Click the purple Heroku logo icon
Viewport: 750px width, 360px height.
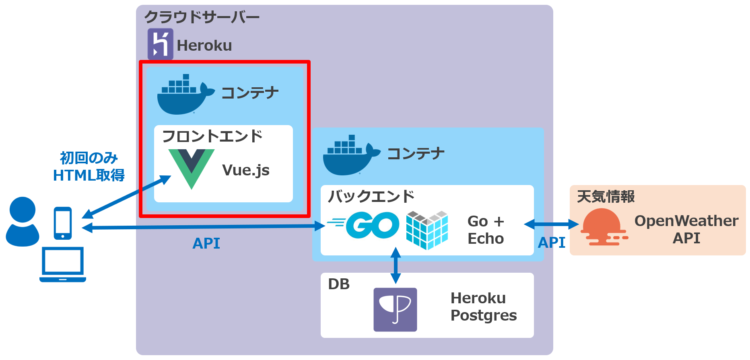pyautogui.click(x=160, y=44)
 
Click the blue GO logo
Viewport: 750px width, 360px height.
pyautogui.click(x=364, y=225)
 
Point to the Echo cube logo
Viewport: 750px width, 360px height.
pyautogui.click(x=427, y=230)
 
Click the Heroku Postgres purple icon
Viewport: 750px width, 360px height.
pyautogui.click(x=395, y=309)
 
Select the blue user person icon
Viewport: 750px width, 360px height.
pyautogui.click(x=23, y=221)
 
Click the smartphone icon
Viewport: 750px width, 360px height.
pyautogui.click(x=63, y=223)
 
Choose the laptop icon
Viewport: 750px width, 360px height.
pyautogui.click(x=63, y=264)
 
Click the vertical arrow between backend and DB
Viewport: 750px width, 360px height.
pyautogui.click(x=396, y=265)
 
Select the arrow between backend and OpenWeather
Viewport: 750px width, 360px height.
pyautogui.click(x=551, y=224)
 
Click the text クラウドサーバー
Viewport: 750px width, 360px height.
pyautogui.click(x=202, y=17)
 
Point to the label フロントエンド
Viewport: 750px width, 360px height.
pyautogui.click(x=212, y=136)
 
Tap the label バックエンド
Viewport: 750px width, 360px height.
pyautogui.click(x=371, y=196)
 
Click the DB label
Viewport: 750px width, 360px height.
pyautogui.click(x=339, y=284)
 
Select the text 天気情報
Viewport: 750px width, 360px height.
pyautogui.click(x=606, y=197)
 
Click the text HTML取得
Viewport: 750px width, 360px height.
pyautogui.click(x=89, y=175)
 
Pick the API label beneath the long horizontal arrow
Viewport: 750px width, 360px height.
pyautogui.click(x=206, y=243)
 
